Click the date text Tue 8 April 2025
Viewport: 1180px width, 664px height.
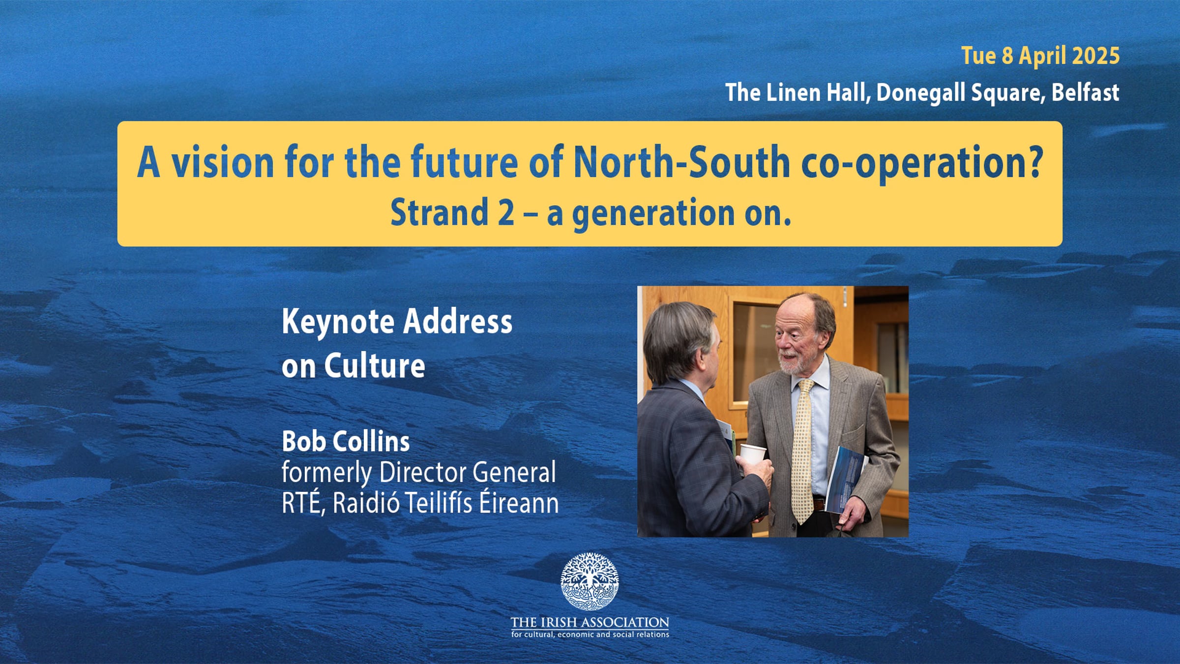pos(1040,56)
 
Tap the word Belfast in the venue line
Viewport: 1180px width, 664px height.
pos(1085,92)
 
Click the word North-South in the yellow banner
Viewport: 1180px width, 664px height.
pos(681,162)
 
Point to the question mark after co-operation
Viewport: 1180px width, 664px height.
pos(1033,161)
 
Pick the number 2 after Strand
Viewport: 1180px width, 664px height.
pos(506,213)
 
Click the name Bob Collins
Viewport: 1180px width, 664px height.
pos(346,441)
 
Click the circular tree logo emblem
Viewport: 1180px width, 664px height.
pos(590,581)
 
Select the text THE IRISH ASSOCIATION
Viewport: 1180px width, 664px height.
pos(590,622)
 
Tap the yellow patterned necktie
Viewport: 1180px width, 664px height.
pos(803,450)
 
